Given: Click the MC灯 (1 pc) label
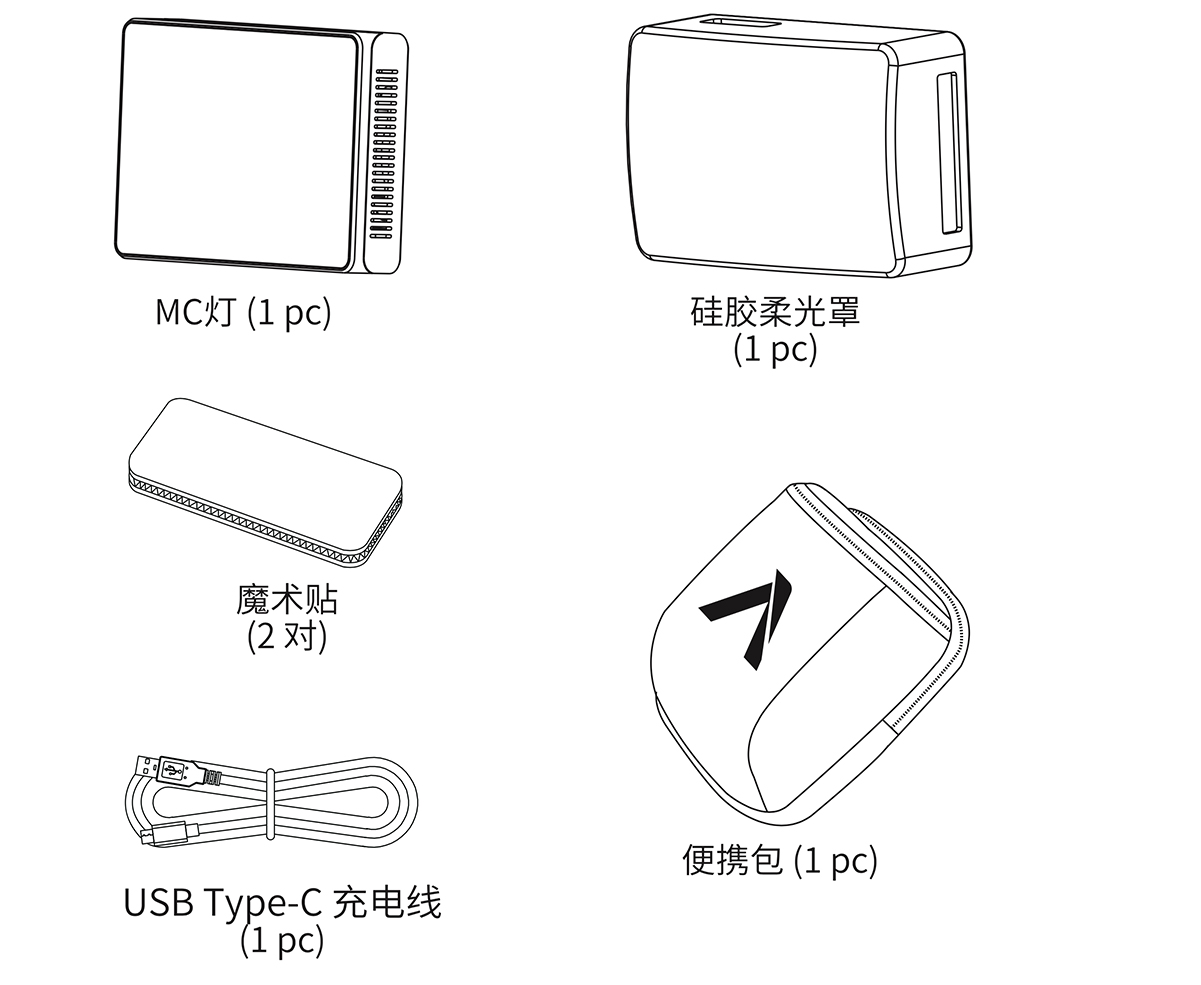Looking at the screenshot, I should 243,312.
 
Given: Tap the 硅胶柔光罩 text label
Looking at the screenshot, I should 774,312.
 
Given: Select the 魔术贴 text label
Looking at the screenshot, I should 287,599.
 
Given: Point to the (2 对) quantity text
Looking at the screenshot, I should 287,636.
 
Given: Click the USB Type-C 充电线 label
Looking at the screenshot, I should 282,903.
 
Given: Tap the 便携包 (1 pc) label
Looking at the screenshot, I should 779,860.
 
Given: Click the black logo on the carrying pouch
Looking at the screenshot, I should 750,615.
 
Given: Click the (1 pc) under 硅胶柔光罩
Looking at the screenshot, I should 774,349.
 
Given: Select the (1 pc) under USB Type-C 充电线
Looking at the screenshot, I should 282,940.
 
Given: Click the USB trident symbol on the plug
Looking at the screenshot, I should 172,770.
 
